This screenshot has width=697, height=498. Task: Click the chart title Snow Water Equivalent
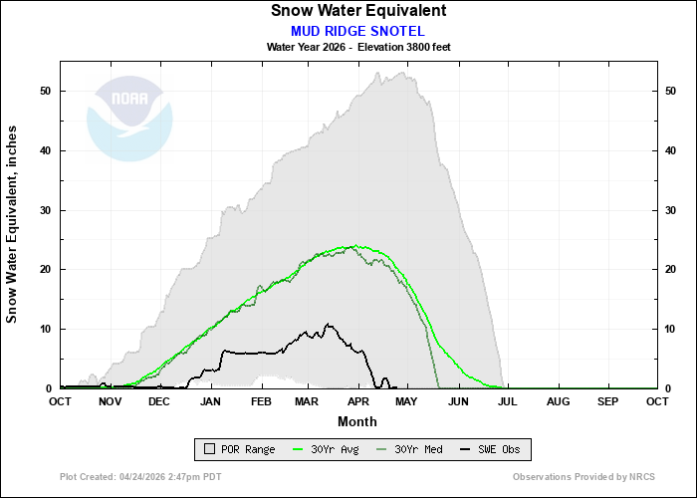pos(358,11)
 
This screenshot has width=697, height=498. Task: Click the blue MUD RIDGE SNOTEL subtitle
pos(358,30)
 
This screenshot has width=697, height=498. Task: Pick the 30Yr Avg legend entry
pos(329,450)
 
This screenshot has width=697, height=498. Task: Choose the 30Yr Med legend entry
pos(410,450)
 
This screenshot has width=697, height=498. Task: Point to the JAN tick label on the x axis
pos(210,401)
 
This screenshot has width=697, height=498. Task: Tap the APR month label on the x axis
pos(356,401)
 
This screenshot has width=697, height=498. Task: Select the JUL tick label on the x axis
pos(505,401)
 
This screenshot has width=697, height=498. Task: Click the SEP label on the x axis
pos(607,401)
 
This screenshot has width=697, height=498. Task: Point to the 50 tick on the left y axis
pos(46,91)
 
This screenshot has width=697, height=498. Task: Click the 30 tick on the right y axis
pos(671,210)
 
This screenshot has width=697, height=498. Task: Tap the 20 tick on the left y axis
pos(46,269)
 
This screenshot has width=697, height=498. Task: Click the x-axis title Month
pos(358,420)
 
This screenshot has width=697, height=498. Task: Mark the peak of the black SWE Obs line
pos(329,324)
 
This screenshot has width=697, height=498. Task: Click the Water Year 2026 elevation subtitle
pos(358,47)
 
